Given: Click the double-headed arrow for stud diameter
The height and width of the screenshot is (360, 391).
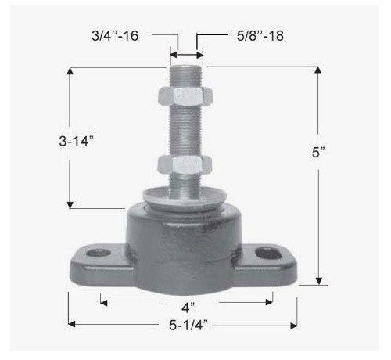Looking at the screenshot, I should coord(186,56).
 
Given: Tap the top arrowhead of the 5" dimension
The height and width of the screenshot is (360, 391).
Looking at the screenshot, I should coord(318,71).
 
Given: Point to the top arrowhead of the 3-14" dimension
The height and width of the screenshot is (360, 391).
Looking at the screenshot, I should coord(70,71).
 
